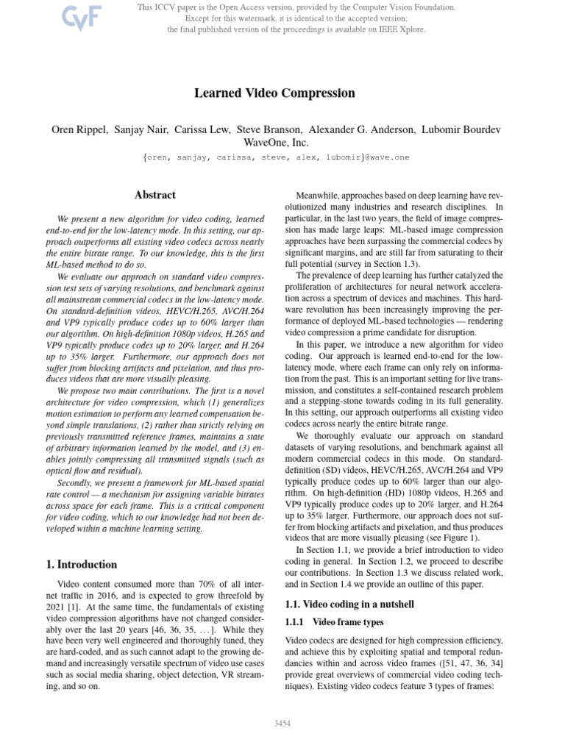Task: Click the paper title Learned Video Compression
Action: tap(274, 93)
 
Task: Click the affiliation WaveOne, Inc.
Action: tap(275, 143)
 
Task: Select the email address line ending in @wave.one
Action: tap(274, 157)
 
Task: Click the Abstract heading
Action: tap(155, 196)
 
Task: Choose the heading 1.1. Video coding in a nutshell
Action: tap(349, 604)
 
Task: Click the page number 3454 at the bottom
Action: tap(282, 724)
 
